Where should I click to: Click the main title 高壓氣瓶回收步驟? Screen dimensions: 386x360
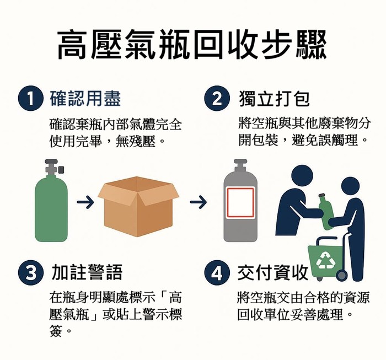[192, 45]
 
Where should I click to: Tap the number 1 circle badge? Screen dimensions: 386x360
[30, 99]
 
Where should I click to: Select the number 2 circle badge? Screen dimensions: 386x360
[217, 99]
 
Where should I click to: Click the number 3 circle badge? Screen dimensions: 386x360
[30, 272]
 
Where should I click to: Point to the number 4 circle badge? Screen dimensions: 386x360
[217, 272]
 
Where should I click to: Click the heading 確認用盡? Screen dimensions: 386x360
[85, 99]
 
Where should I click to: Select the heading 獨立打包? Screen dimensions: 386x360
[274, 99]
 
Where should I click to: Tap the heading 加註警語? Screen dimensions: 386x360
[87, 272]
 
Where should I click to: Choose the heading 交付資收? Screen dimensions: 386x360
[273, 272]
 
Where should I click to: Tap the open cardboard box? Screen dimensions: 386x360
[138, 206]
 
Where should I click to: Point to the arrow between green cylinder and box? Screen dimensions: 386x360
[85, 202]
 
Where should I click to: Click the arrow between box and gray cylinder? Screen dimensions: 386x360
[198, 202]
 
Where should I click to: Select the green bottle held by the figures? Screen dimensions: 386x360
[325, 212]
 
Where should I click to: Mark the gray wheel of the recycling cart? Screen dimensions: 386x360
[341, 276]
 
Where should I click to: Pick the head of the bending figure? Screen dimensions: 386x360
[302, 176]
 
